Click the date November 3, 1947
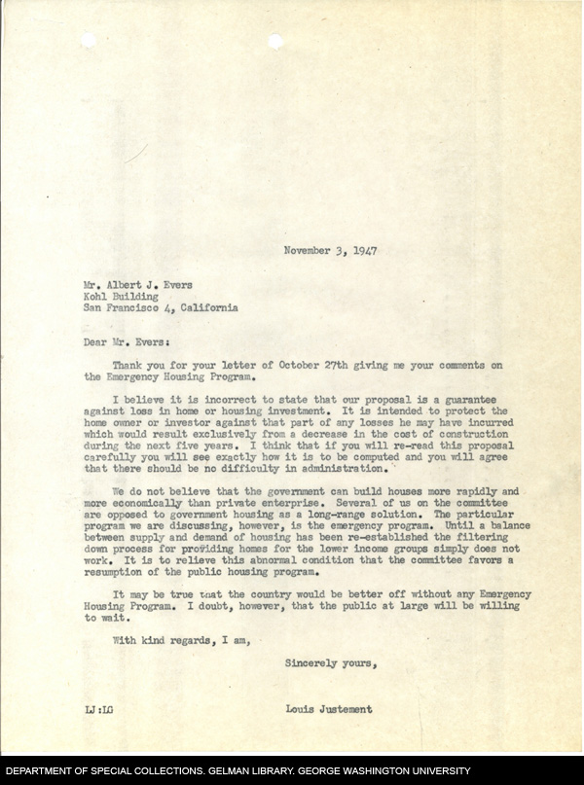coord(330,250)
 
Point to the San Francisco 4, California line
coord(160,308)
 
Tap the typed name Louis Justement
coord(330,709)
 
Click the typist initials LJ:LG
coord(98,709)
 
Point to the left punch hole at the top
coord(90,40)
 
